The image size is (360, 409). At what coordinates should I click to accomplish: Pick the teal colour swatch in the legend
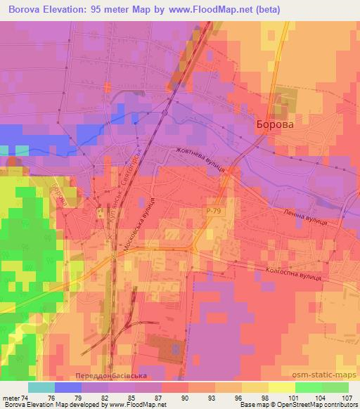click(41, 387)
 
